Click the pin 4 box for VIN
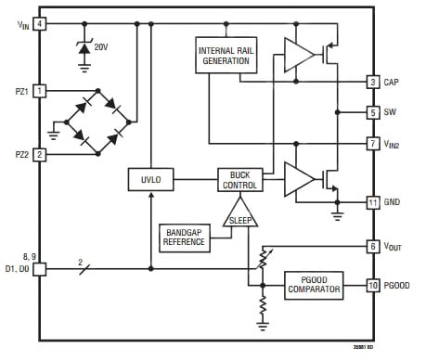[x=40, y=23]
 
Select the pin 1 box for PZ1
[x=40, y=90]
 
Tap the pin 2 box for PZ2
[x=40, y=154]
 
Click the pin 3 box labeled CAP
[x=372, y=83]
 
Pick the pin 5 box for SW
[x=372, y=112]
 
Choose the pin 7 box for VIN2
[x=372, y=144]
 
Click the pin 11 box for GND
[x=372, y=201]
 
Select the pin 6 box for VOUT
[x=372, y=246]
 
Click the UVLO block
[x=150, y=179]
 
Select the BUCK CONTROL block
[x=239, y=179]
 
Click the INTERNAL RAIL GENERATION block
[x=225, y=56]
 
